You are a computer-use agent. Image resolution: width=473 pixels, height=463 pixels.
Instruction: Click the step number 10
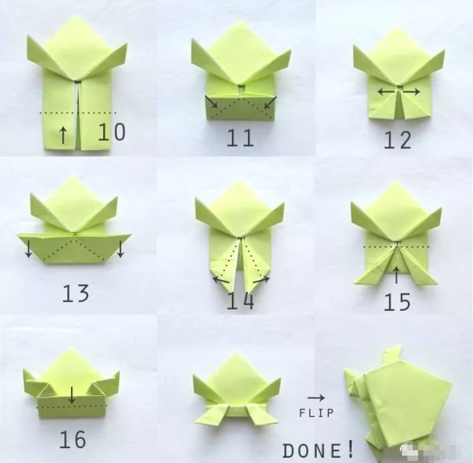[112, 132]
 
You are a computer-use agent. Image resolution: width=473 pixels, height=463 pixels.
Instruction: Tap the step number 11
[240, 138]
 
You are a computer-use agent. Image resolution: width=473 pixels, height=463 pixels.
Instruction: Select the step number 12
[397, 140]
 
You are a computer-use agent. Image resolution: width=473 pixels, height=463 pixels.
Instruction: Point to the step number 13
[76, 293]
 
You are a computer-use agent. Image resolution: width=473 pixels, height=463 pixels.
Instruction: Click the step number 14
[240, 301]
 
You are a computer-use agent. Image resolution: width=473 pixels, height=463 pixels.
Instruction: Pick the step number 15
[397, 302]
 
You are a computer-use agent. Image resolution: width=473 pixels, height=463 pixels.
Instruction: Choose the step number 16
[73, 440]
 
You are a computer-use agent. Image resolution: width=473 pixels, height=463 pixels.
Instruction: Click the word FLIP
[316, 413]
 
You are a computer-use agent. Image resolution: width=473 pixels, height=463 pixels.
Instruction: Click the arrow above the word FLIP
[316, 398]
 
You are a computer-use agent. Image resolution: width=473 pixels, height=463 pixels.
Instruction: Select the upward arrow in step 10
[63, 135]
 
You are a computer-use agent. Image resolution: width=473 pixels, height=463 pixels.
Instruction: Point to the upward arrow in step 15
[397, 275]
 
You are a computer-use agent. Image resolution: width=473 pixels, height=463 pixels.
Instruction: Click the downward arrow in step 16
[72, 395]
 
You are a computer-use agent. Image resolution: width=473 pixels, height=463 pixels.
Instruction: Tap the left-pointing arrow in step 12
[386, 91]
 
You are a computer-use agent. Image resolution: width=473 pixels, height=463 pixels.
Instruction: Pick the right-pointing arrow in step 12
[411, 91]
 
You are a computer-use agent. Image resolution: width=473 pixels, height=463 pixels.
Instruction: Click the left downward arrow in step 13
[29, 249]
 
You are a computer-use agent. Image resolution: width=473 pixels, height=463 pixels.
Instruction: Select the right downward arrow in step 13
[121, 249]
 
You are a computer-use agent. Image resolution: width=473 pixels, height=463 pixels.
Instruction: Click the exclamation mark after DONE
[350, 449]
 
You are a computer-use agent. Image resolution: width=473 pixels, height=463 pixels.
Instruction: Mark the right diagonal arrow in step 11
[270, 102]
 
